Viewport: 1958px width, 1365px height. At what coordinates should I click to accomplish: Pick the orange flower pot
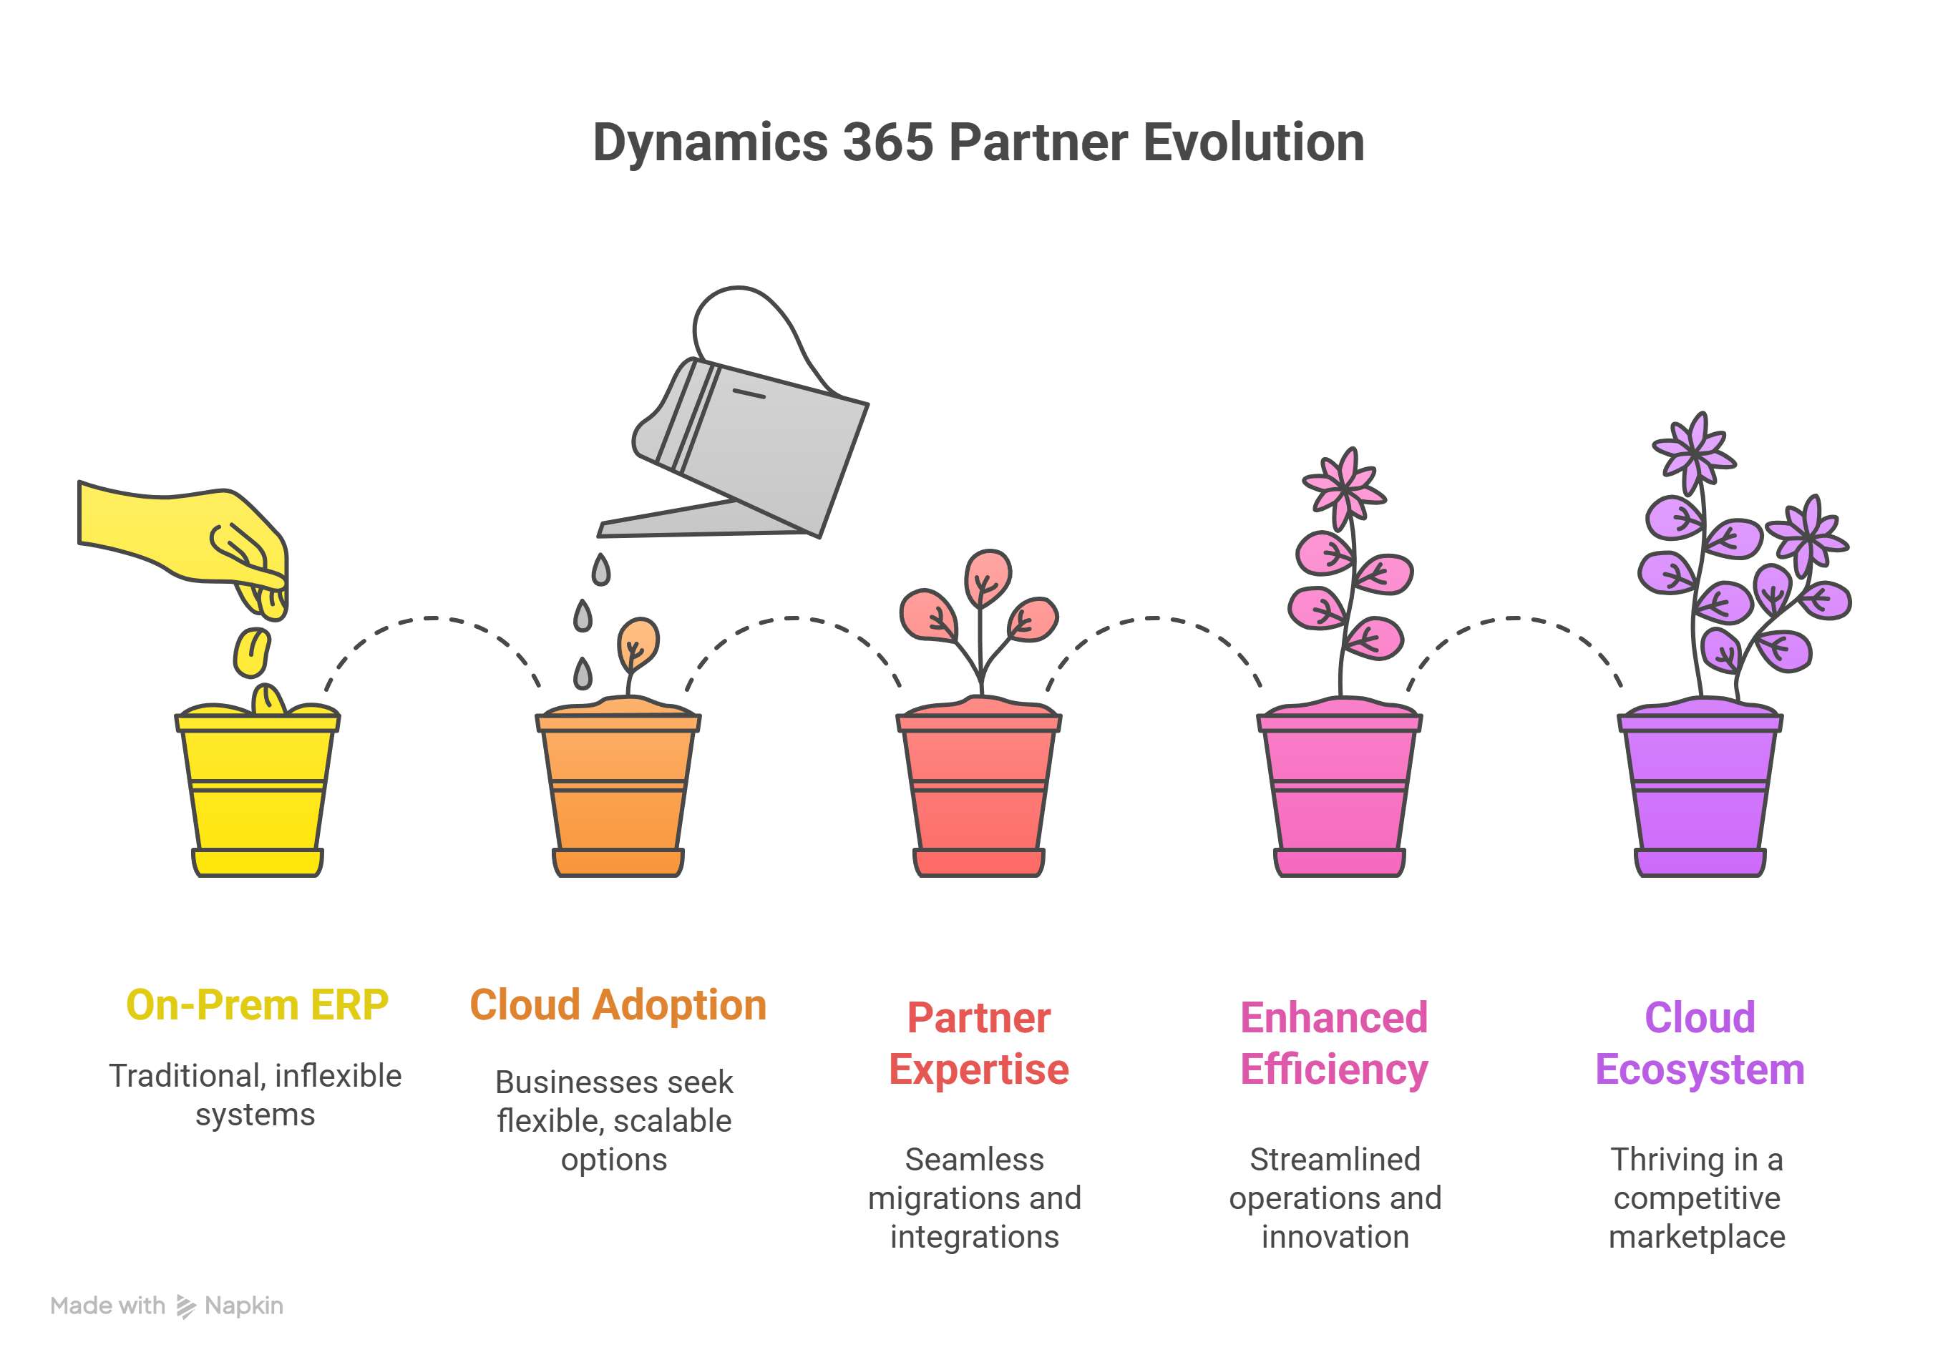(618, 793)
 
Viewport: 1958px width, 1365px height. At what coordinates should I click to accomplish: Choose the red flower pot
(979, 793)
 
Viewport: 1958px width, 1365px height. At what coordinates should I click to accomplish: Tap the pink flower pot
(1339, 793)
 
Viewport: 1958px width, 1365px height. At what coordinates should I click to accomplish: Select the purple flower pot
(1700, 793)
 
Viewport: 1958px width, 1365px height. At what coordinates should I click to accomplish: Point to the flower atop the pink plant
(1344, 489)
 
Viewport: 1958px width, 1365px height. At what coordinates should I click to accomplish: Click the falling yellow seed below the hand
(253, 652)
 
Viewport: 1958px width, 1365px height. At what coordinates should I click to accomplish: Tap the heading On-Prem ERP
(257, 1005)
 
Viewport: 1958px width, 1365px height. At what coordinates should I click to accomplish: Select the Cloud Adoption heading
(618, 1005)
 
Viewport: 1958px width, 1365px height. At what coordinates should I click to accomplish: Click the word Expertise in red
(979, 1069)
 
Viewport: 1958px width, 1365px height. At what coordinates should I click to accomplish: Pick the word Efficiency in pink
(1334, 1069)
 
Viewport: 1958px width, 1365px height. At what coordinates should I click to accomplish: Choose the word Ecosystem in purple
(1700, 1069)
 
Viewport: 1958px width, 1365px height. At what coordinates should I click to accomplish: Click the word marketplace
(1697, 1236)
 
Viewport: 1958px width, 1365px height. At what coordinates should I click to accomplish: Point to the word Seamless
(974, 1160)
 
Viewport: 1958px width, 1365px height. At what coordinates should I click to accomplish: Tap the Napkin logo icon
(185, 1306)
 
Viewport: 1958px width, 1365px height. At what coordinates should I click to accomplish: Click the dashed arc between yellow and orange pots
(432, 619)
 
